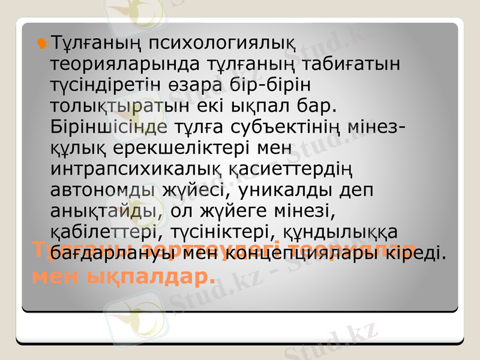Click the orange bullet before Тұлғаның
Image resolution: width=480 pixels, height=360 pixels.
tap(42, 42)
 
